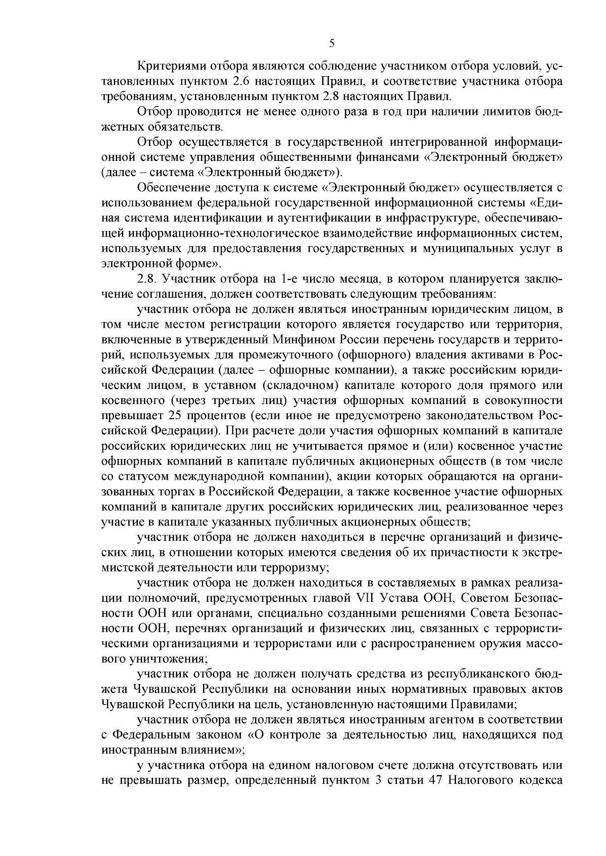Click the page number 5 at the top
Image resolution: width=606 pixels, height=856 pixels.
(x=332, y=43)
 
